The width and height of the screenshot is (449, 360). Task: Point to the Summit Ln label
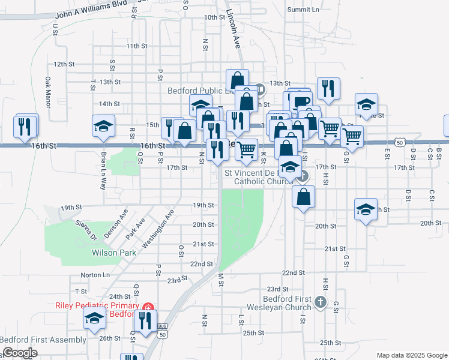(x=303, y=10)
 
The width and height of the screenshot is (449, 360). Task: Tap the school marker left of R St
(x=103, y=127)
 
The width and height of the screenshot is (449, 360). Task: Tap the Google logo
(x=19, y=353)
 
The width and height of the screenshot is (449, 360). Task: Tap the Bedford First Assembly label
(x=43, y=340)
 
